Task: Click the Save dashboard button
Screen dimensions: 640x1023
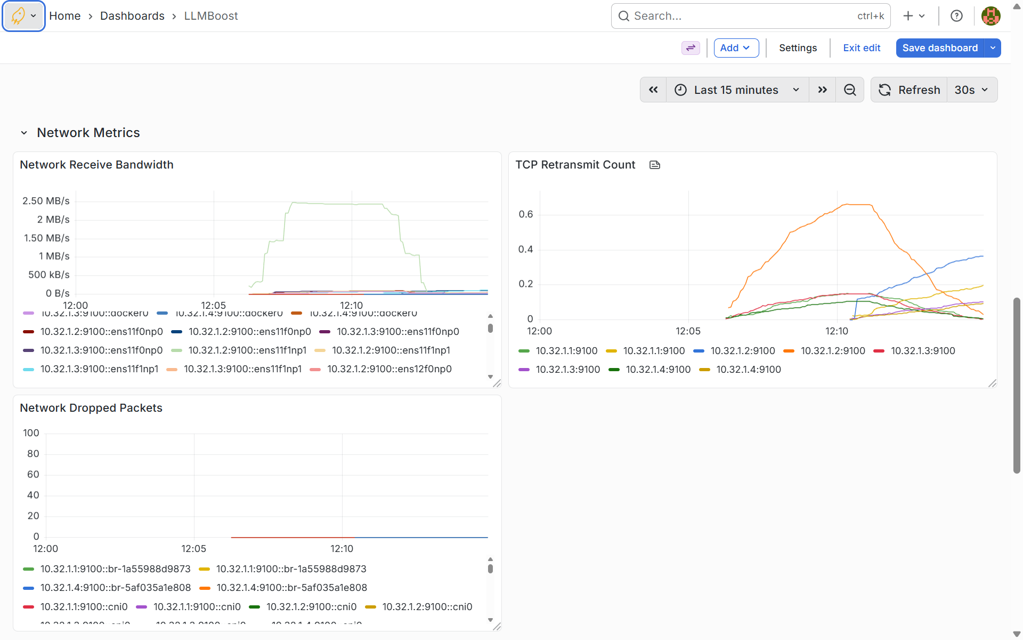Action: [939, 48]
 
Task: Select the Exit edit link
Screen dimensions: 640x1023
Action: [861, 48]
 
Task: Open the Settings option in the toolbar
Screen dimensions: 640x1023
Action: [798, 48]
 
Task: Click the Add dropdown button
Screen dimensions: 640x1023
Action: [735, 48]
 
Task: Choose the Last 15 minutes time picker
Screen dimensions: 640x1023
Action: [737, 90]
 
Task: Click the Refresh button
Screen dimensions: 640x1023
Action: [909, 90]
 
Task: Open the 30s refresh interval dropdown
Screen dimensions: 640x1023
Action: [971, 90]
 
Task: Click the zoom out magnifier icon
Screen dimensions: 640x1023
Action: [850, 90]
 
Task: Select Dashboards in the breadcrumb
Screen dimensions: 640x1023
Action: [132, 16]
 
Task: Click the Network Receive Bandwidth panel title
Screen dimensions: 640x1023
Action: [96, 165]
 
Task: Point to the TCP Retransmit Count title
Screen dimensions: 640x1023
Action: [575, 165]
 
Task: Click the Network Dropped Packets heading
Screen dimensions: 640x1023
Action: [91, 408]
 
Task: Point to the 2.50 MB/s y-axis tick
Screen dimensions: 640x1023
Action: [46, 201]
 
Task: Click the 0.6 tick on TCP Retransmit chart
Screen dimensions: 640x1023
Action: [525, 214]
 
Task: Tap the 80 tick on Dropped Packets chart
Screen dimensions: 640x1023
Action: [33, 454]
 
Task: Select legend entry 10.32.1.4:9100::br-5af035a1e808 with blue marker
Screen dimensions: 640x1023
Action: [115, 588]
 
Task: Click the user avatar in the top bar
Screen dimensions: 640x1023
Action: [990, 16]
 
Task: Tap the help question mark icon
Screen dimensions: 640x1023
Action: [956, 16]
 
